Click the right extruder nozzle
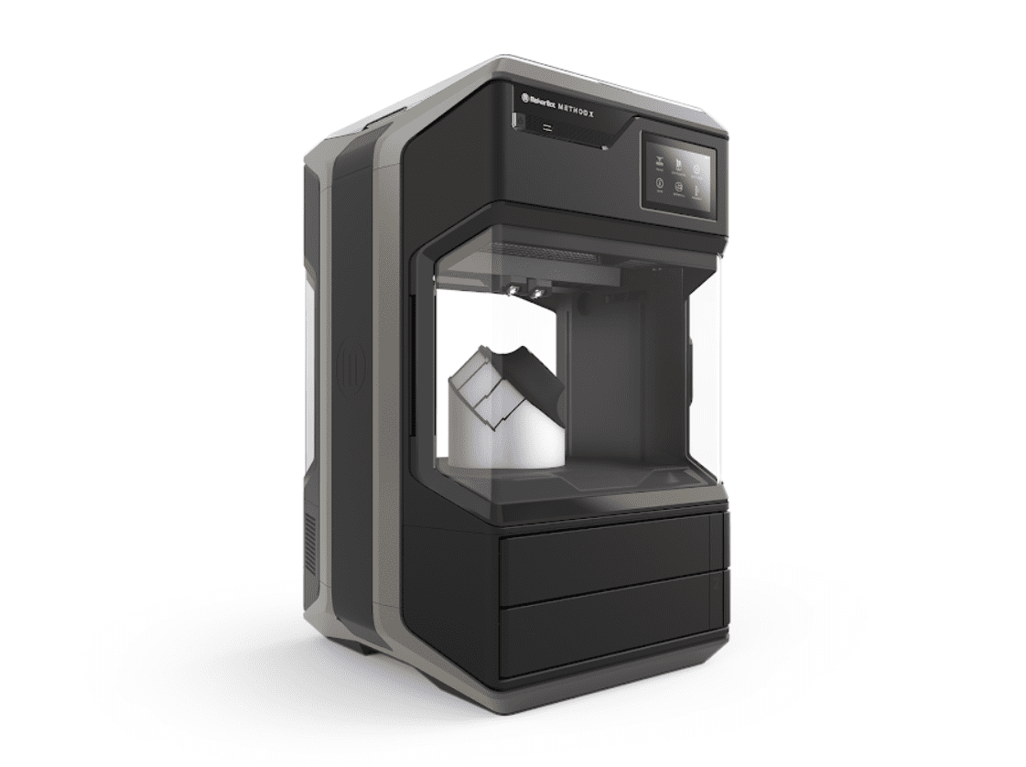[536, 292]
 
